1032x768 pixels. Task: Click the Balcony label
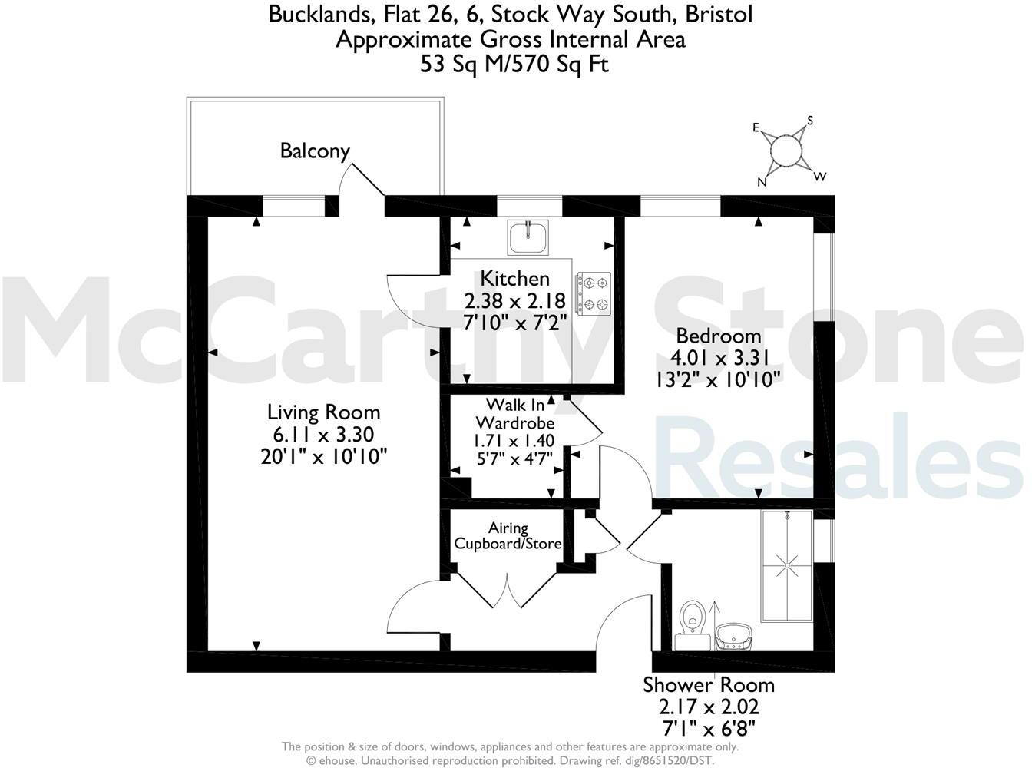[315, 151]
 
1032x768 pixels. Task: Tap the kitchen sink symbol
[528, 237]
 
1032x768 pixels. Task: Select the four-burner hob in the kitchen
[594, 293]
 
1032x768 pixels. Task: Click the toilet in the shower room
[693, 618]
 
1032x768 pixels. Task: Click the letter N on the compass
[762, 182]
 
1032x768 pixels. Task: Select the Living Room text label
[323, 412]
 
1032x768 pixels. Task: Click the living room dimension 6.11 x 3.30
[323, 434]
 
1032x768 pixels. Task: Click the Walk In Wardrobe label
[515, 412]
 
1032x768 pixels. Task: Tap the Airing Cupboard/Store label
[508, 536]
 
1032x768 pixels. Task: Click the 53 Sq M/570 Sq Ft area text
[514, 65]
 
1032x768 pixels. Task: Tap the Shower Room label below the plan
[708, 684]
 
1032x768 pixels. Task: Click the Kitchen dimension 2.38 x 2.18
[515, 300]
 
